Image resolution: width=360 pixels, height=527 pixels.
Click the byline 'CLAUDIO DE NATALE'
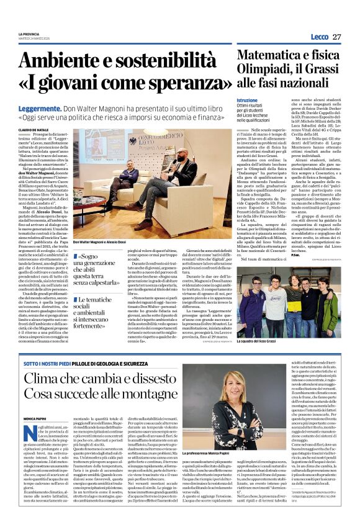click(x=37, y=129)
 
